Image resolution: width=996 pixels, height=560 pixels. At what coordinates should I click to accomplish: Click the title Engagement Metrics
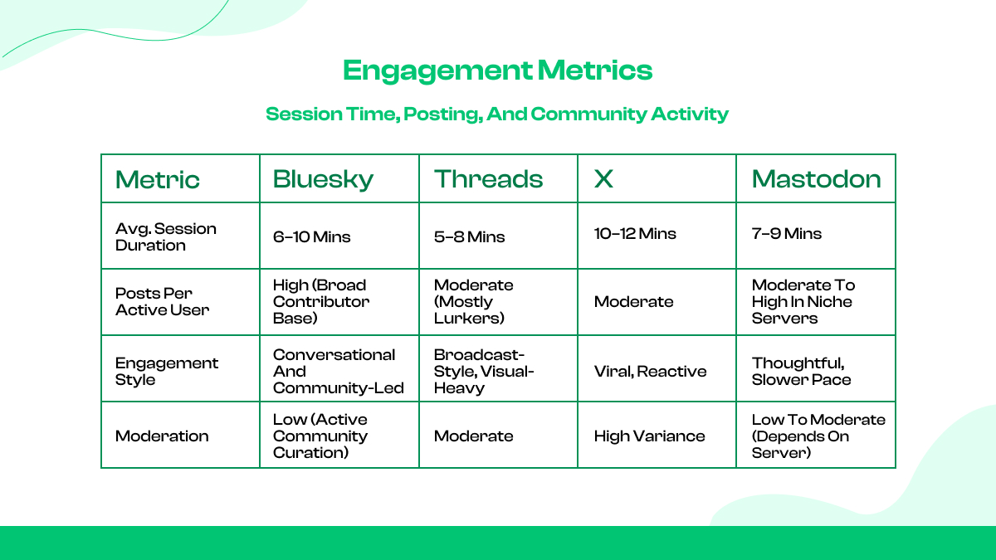497,71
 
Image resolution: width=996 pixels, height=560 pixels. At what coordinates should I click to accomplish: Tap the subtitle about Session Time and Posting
497,114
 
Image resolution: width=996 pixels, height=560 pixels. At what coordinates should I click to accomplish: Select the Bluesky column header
323,179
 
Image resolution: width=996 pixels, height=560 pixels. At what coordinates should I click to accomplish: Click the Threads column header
488,179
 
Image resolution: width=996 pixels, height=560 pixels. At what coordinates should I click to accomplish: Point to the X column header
603,179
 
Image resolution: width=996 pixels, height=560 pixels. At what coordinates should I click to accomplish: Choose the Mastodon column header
816,179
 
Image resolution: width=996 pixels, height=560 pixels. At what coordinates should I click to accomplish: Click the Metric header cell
158,179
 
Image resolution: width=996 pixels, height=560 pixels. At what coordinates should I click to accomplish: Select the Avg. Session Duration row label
165,236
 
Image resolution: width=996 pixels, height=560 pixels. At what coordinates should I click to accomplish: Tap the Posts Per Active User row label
162,302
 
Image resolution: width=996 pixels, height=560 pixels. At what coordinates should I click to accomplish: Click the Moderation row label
162,436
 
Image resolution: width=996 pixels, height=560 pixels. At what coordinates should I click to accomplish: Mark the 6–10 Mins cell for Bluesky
312,236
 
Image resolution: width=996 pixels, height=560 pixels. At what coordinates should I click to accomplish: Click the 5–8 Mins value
470,236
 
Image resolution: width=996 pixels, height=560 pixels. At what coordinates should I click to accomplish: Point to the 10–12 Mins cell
635,234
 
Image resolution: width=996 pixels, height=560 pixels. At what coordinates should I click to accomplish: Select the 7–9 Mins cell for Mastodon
787,234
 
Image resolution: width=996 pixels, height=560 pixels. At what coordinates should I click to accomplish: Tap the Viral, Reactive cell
650,371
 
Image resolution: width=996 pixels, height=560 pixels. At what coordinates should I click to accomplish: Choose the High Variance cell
649,436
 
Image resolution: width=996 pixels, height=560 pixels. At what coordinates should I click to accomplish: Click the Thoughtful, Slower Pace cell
801,371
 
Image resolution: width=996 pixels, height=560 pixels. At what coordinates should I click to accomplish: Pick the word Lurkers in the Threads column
469,319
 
